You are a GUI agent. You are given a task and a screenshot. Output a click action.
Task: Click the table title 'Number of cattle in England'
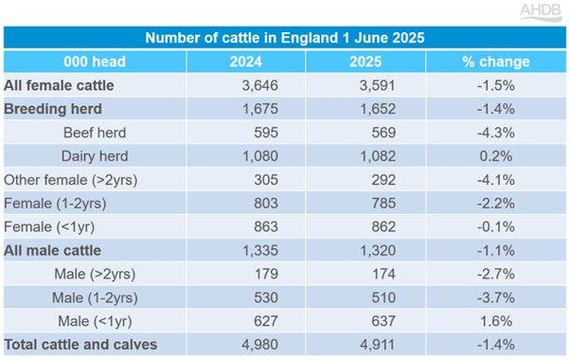click(x=285, y=38)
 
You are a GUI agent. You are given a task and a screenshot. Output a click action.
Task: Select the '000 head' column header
click(x=95, y=62)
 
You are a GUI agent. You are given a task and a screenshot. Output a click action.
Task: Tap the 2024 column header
click(x=246, y=62)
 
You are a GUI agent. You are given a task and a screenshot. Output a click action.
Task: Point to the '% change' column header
click(x=495, y=62)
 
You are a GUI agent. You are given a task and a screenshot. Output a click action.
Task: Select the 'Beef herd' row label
click(x=93, y=133)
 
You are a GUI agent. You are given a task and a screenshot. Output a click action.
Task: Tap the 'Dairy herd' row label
click(x=95, y=155)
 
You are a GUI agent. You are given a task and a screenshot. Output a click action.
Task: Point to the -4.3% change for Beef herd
click(x=499, y=133)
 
